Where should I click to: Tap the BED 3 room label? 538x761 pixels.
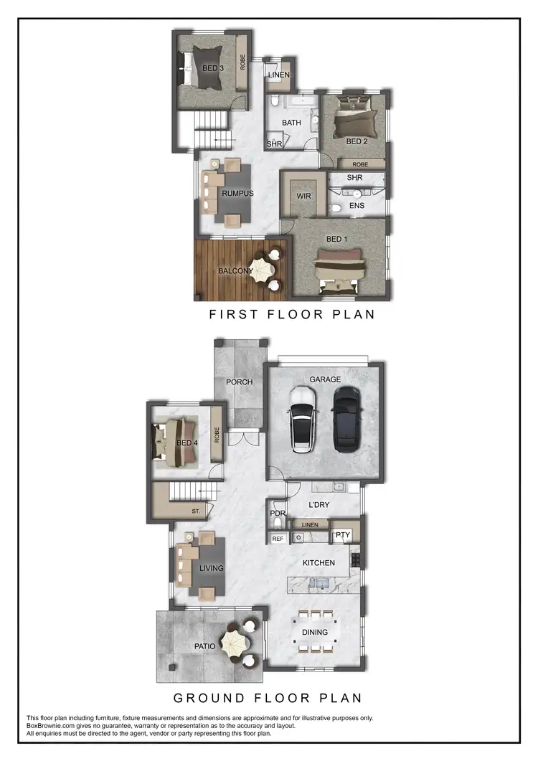point(212,68)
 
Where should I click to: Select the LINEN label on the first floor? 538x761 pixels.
point(278,75)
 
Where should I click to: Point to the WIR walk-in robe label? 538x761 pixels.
point(303,195)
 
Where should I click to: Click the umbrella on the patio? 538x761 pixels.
point(235,643)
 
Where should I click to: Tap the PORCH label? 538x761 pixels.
point(239,382)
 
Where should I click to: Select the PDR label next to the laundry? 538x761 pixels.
point(278,514)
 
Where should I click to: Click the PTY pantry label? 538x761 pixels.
point(342,535)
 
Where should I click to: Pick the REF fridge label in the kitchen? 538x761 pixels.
point(278,538)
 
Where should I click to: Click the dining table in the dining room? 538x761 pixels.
point(315,632)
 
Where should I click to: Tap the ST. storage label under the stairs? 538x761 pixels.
point(196,511)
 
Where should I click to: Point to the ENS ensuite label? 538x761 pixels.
point(357,206)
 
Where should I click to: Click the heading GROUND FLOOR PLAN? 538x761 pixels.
point(268,697)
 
